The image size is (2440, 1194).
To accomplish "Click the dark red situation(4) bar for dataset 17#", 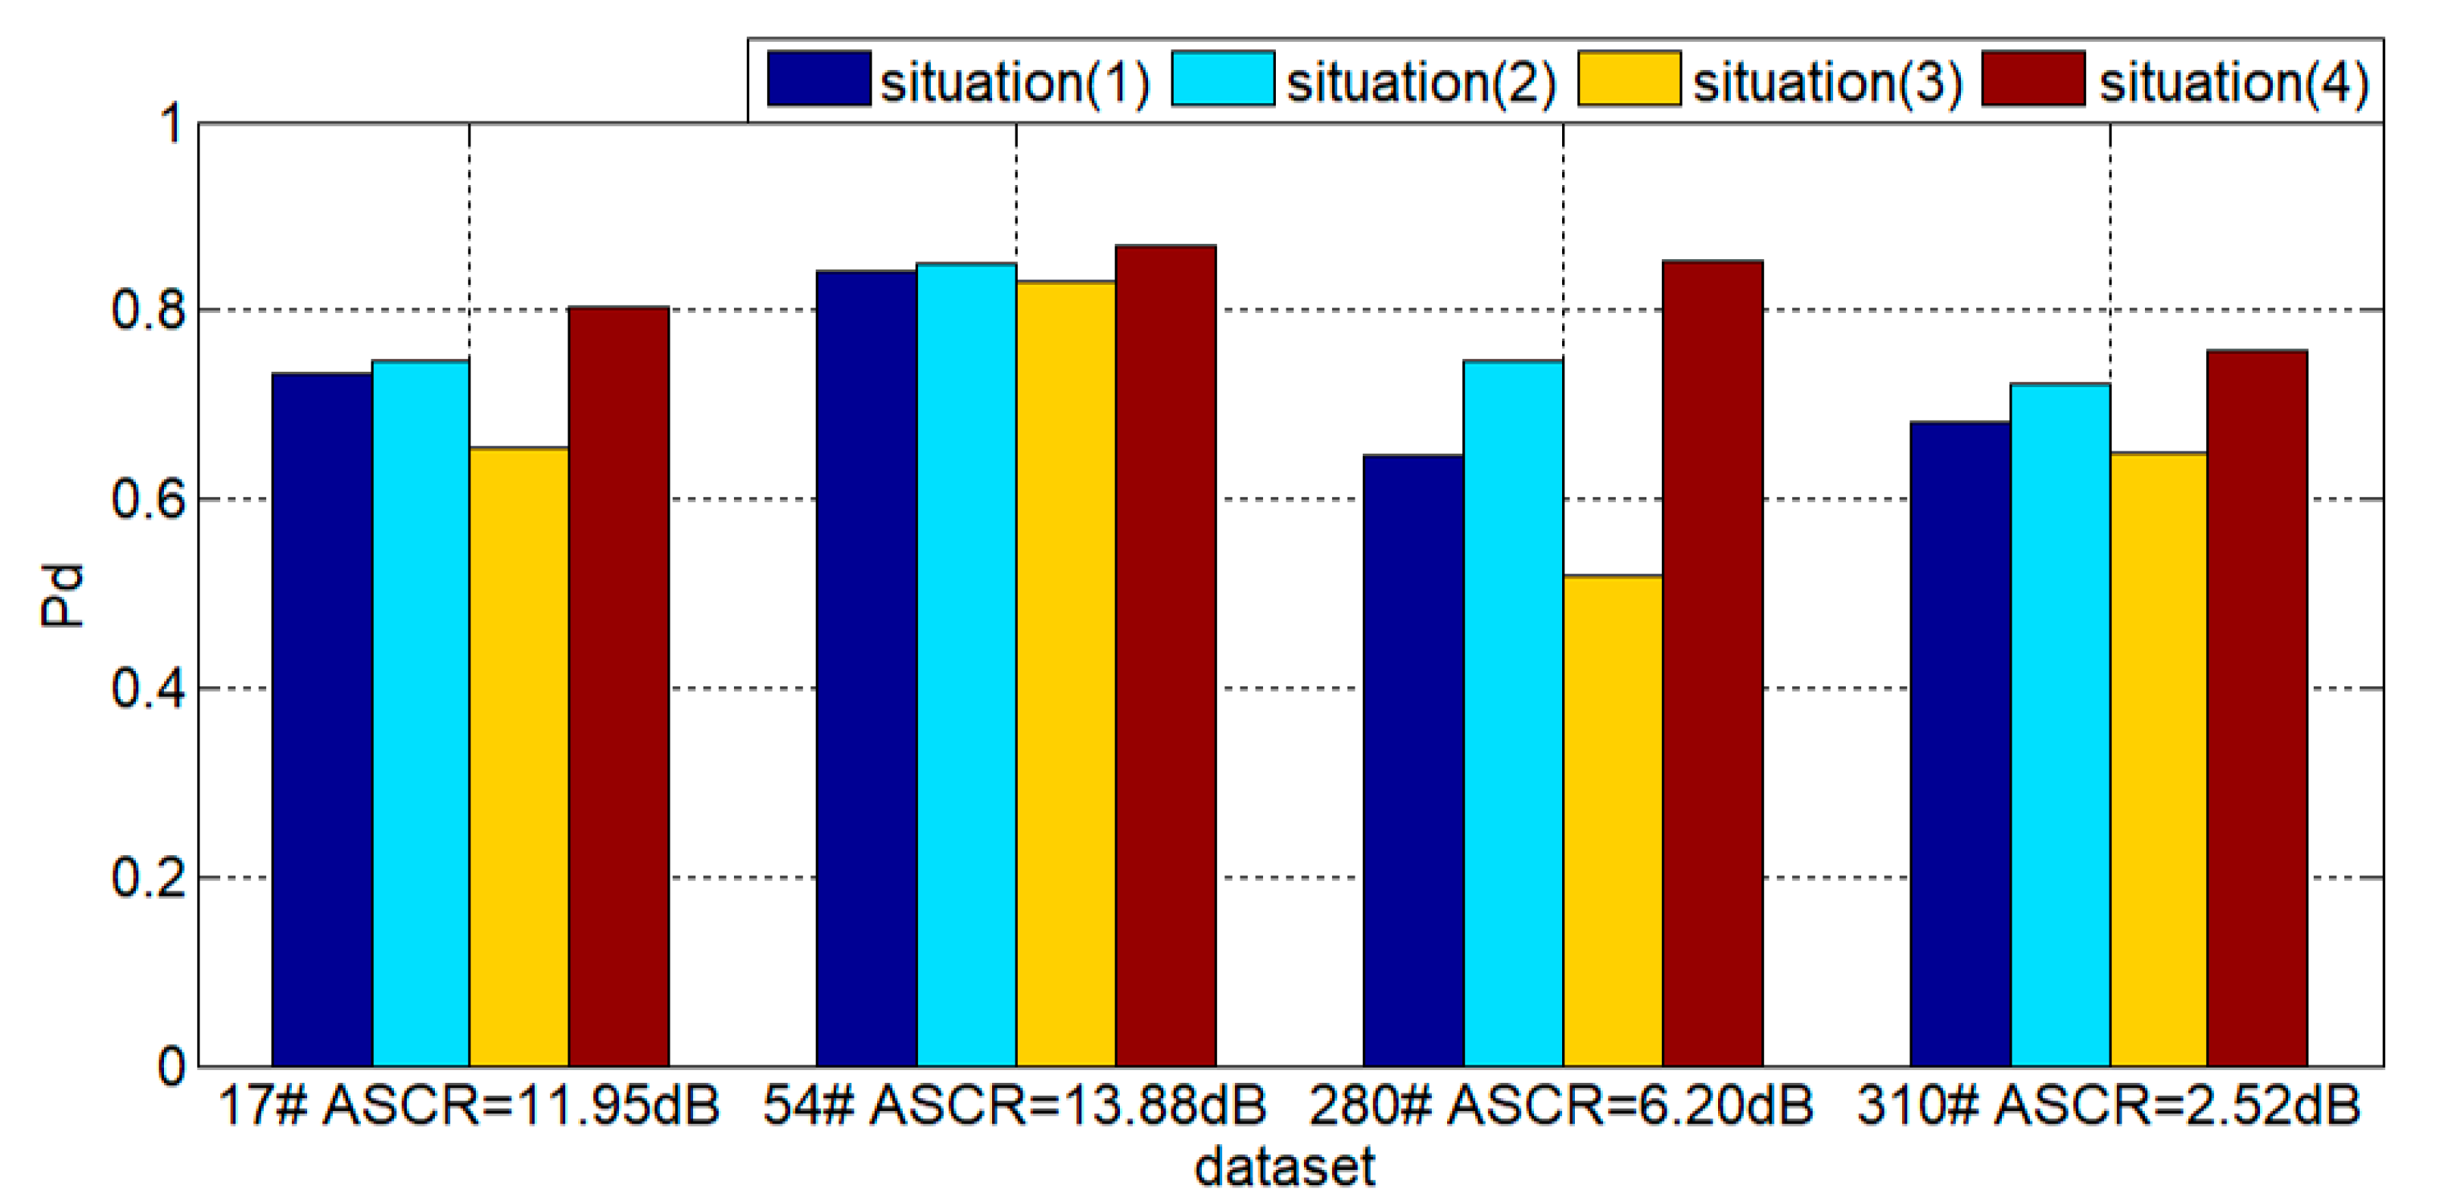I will (618, 687).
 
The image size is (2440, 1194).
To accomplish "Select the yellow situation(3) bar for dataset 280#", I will (1612, 820).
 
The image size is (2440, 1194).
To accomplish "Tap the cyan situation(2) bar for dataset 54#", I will (966, 663).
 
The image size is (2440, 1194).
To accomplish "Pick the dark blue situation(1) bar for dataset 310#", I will (1960, 744).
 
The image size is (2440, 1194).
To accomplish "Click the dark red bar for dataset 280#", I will (1712, 663).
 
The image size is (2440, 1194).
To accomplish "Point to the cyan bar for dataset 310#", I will (2061, 725).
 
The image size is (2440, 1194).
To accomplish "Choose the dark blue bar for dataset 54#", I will (867, 668).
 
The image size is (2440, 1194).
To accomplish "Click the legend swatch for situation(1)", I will (818, 79).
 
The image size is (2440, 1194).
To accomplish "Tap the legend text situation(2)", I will (1421, 81).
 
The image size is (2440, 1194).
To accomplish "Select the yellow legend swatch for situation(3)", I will (1629, 79).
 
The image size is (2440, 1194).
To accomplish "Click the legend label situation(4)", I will (2233, 81).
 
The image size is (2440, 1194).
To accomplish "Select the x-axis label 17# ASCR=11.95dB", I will (469, 1105).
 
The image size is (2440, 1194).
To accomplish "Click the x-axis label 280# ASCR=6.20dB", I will (1561, 1105).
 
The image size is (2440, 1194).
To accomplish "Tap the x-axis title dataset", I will (1285, 1167).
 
